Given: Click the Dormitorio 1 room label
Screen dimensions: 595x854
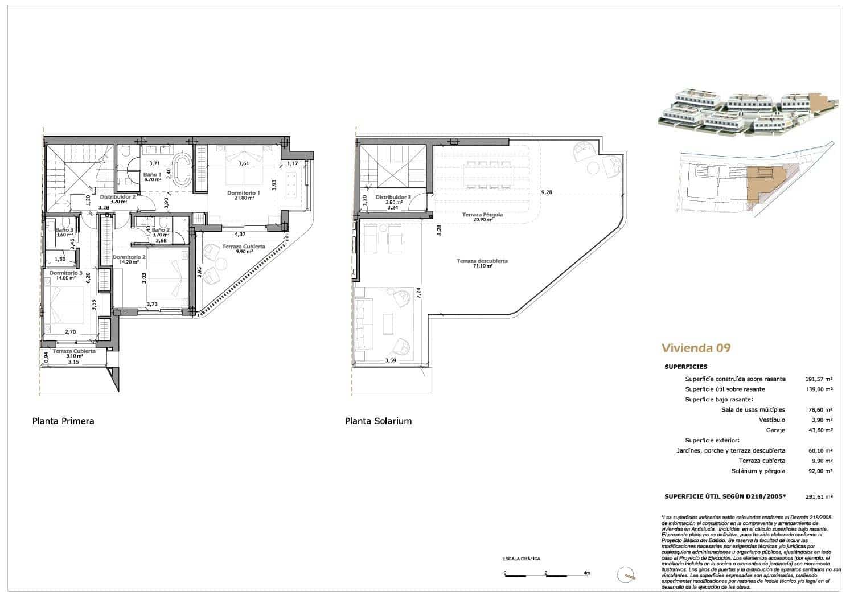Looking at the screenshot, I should (x=243, y=192).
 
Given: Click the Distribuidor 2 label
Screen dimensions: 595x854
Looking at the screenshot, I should (x=117, y=196).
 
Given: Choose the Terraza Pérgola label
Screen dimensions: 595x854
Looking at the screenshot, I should (x=478, y=215).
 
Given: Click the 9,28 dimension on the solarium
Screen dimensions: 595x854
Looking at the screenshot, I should (x=547, y=192).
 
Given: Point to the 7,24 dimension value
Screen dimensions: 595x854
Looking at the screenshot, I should (x=418, y=293).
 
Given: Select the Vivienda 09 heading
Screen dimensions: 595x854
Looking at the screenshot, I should (x=696, y=348).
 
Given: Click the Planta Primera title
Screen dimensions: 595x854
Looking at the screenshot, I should (x=63, y=421).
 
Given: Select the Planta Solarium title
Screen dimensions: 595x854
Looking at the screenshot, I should (x=378, y=421).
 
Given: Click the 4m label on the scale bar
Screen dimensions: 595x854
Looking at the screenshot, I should (x=587, y=573).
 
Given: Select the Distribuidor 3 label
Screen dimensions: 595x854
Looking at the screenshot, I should (x=392, y=197).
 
